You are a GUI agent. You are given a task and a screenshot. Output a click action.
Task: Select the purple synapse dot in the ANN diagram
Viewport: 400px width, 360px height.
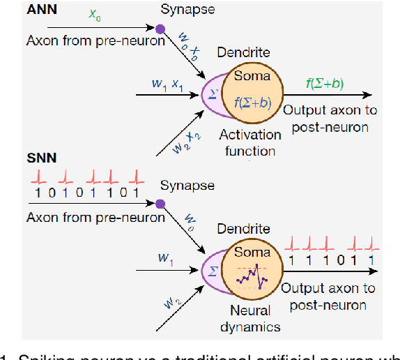click(160, 29)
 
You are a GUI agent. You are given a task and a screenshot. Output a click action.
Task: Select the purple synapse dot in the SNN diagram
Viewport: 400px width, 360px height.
click(160, 204)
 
